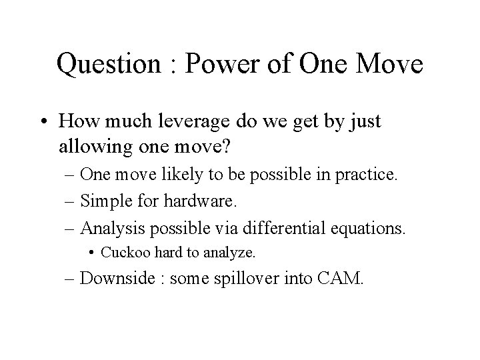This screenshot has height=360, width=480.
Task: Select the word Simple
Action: pyautogui.click(x=107, y=202)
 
